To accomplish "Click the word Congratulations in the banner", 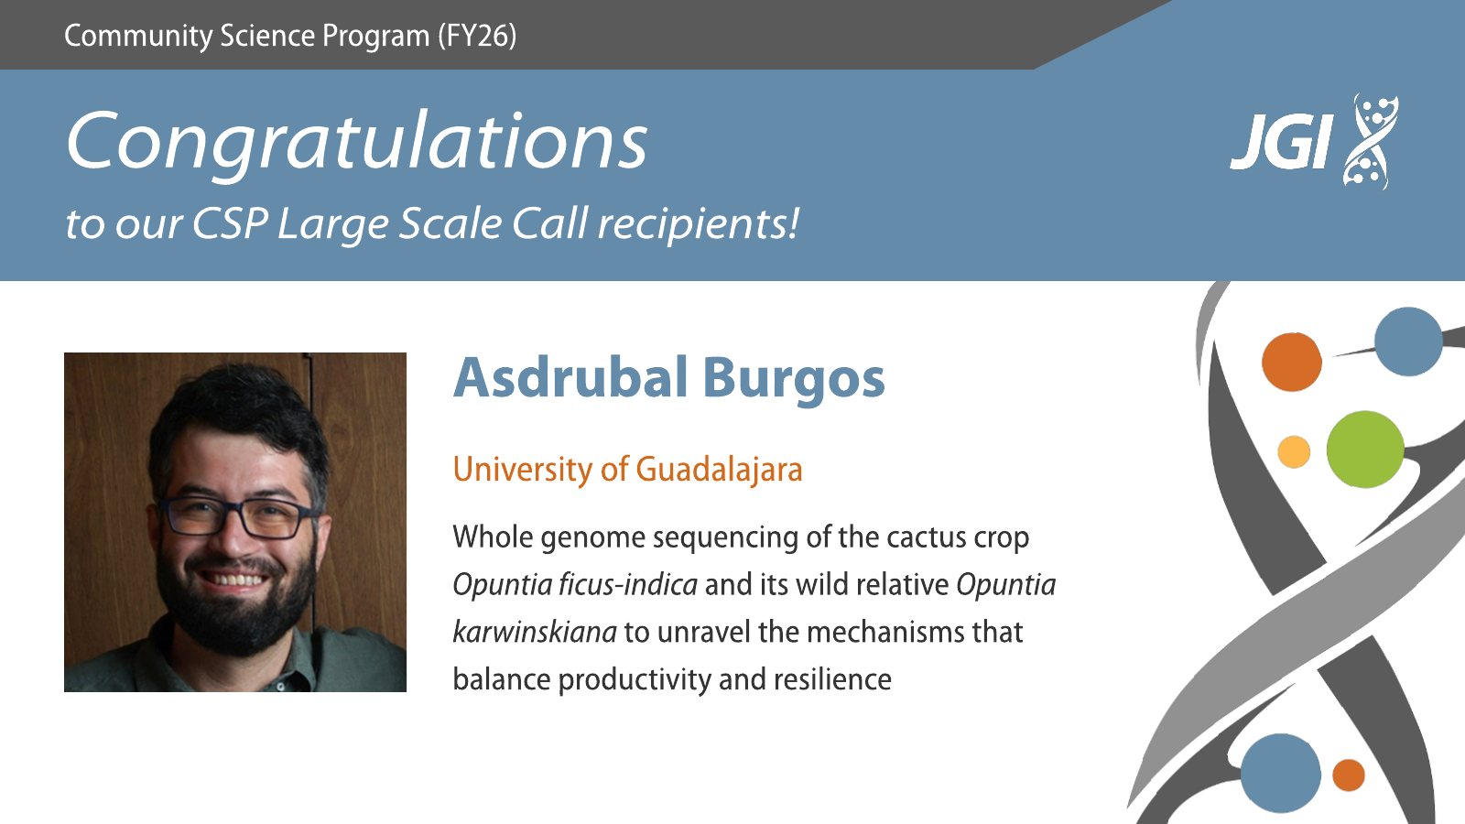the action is (357, 143).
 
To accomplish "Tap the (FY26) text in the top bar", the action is (477, 36).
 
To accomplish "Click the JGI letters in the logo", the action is (1281, 143).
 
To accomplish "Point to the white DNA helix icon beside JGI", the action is (1370, 142).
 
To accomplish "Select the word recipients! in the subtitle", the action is (699, 223).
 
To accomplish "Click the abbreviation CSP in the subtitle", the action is (230, 223).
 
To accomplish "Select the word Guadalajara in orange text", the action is (719, 470).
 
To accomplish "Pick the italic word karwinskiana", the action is (535, 632).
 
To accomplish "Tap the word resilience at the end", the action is (832, 678).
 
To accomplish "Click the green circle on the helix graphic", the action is (1365, 450).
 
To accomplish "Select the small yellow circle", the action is (1294, 452).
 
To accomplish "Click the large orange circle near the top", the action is (1292, 362).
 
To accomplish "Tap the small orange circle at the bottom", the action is (1348, 775).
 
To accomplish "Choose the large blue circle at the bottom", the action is (1281, 774).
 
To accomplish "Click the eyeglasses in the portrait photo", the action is (238, 517).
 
